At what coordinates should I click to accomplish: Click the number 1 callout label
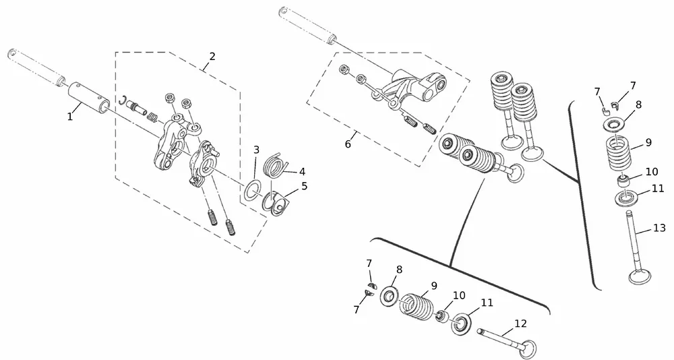[69, 117]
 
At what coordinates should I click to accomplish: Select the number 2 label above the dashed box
[212, 57]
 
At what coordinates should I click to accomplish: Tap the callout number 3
[256, 149]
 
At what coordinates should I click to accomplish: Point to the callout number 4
[302, 171]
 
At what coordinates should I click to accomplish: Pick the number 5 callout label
[304, 185]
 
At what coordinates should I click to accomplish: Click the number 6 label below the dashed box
[348, 144]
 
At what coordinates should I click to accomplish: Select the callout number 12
[520, 324]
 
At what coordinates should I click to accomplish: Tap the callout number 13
[659, 229]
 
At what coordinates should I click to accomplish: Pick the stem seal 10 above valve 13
[625, 181]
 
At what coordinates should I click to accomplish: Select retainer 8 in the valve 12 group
[390, 297]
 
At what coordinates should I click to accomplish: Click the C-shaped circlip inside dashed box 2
[124, 102]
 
